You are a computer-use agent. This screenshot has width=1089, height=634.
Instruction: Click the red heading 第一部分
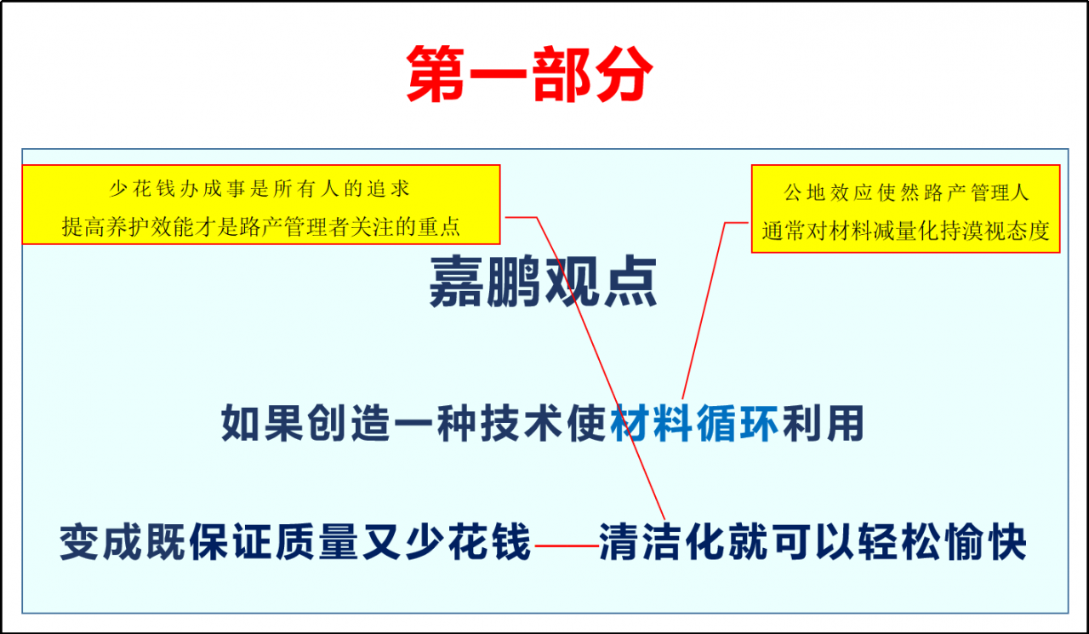click(x=529, y=75)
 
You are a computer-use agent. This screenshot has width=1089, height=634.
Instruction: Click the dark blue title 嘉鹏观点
click(x=543, y=283)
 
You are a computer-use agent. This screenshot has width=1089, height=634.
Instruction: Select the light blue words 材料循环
click(x=695, y=423)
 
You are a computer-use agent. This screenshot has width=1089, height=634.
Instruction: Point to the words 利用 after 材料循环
click(x=823, y=423)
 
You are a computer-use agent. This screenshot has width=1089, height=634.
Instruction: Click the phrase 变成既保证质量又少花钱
click(x=295, y=542)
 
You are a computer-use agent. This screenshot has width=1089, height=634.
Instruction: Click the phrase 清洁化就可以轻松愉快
click(x=812, y=542)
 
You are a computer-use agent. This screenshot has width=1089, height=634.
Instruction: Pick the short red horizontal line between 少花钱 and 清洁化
click(x=566, y=545)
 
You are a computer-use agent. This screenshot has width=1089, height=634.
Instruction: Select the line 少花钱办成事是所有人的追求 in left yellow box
click(x=261, y=188)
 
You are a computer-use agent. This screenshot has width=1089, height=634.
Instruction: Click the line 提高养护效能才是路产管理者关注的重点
click(x=261, y=226)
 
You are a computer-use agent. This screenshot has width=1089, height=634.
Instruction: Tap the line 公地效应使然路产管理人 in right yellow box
click(x=906, y=192)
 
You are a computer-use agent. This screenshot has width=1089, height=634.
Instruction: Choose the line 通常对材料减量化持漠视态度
click(x=906, y=231)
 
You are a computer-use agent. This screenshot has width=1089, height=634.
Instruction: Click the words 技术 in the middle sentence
click(x=521, y=423)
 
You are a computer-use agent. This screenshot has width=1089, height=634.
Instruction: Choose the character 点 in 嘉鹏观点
click(x=629, y=283)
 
